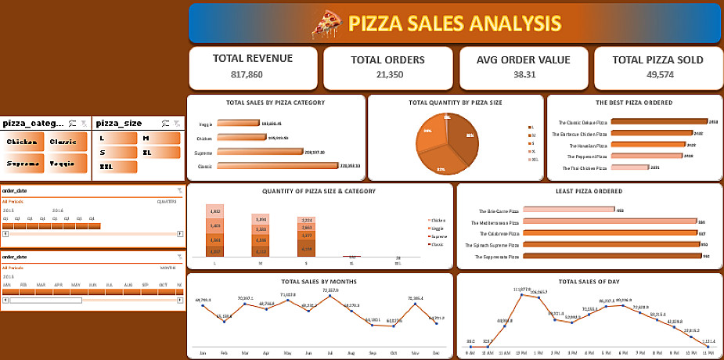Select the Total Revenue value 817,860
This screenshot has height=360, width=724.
(253, 75)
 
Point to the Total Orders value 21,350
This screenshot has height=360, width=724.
(387, 75)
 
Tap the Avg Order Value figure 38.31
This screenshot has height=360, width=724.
(524, 75)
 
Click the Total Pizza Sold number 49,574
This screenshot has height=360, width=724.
(657, 75)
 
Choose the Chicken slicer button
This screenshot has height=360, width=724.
(23, 142)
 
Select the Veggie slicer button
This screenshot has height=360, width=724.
(67, 164)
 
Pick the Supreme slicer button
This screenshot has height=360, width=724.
(23, 164)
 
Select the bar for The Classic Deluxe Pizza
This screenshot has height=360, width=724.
(658, 122)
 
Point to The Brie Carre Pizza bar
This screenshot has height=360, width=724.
(567, 210)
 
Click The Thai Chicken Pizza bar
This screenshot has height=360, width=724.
(629, 167)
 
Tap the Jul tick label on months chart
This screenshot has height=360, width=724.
(330, 352)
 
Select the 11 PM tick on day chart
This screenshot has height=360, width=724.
(708, 353)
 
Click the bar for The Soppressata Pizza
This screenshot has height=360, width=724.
(609, 256)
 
